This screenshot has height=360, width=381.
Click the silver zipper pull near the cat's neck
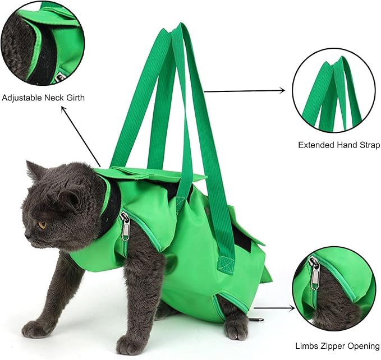pyautogui.click(x=125, y=227)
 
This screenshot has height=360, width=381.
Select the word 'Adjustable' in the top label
pyautogui.click(x=22, y=98)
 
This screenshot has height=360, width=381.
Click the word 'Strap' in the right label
pyautogui.click(x=365, y=145)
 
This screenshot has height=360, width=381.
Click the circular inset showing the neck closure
pyautogui.click(x=43, y=43)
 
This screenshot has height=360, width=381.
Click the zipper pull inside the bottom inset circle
pyautogui.click(x=316, y=274)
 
